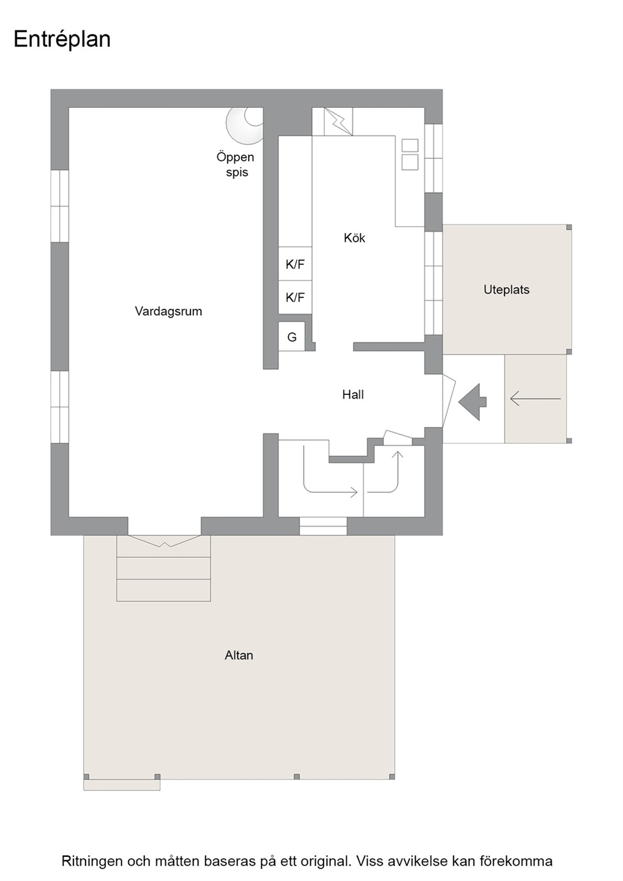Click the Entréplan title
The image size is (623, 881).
click(62, 40)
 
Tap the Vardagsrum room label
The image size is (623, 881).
click(168, 311)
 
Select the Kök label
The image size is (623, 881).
click(354, 237)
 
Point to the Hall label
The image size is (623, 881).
click(353, 394)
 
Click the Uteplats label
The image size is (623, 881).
click(506, 290)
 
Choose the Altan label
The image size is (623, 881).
click(239, 655)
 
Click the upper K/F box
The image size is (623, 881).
click(295, 264)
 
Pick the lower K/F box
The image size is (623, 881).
click(295, 298)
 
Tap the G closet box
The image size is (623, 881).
click(292, 337)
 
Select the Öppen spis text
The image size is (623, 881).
click(236, 165)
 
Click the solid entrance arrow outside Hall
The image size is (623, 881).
click(472, 402)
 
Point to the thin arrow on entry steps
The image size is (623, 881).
click(535, 399)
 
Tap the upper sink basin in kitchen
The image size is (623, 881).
click(410, 145)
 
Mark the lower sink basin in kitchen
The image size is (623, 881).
click(410, 162)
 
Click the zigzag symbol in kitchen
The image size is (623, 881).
click(339, 122)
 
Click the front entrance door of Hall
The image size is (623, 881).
click(449, 401)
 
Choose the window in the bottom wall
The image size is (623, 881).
click(323, 526)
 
